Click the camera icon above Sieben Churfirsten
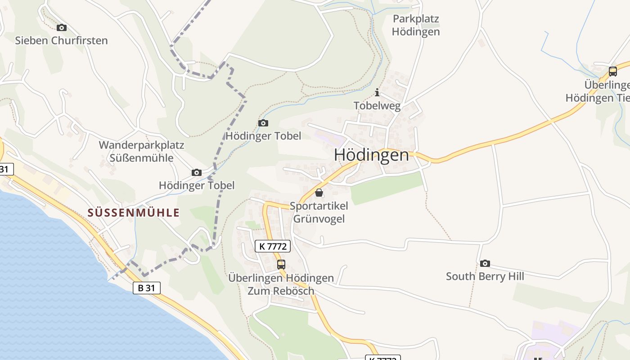[x=62, y=28]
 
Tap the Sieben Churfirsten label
[x=62, y=40]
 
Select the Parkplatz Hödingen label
[x=415, y=25]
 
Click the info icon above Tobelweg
[x=377, y=93]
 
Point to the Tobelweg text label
[x=377, y=106]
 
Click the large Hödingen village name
[x=371, y=155]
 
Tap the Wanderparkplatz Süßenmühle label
[x=142, y=152]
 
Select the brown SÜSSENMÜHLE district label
[x=134, y=213]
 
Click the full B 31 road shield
[x=147, y=288]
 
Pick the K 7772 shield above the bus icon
[x=273, y=246]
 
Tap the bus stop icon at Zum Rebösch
[x=281, y=265]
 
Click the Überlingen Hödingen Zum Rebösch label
[x=281, y=284]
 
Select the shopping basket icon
[x=319, y=193]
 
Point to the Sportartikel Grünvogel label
[x=319, y=212]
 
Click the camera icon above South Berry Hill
[x=485, y=263]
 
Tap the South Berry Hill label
[x=485, y=276]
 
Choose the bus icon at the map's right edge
[x=612, y=71]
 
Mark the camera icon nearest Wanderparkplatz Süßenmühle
[x=196, y=173]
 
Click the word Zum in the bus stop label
[x=257, y=291]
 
